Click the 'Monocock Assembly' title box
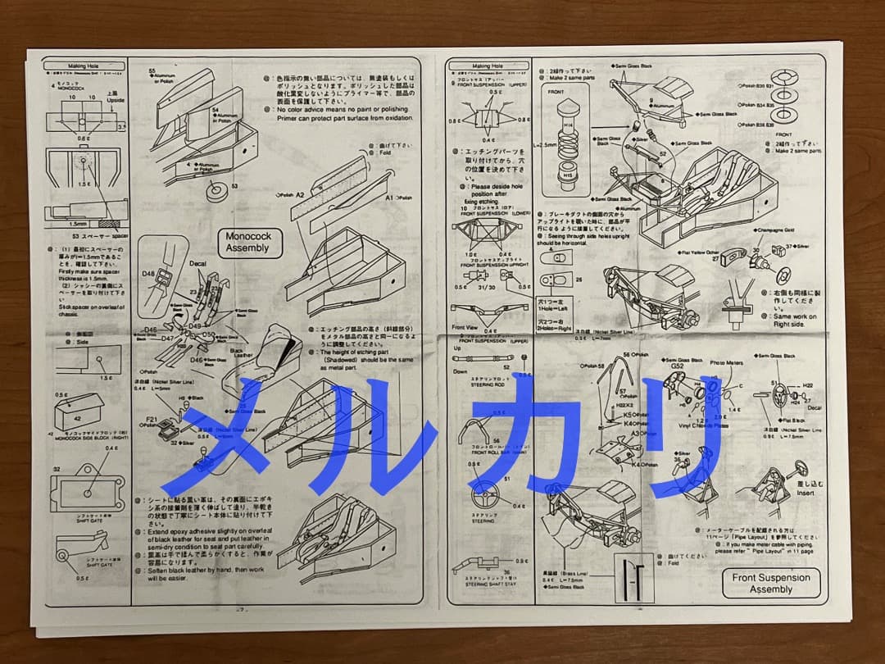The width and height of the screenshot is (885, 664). [247, 242]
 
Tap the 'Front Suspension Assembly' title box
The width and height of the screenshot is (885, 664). [770, 583]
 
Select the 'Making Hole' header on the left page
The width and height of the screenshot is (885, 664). [84, 66]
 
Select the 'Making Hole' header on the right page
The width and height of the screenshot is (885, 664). [487, 66]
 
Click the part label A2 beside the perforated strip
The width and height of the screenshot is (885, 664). [299, 195]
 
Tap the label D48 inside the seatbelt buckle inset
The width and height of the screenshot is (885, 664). [149, 273]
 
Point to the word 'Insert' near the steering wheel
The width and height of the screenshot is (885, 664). [806, 492]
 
